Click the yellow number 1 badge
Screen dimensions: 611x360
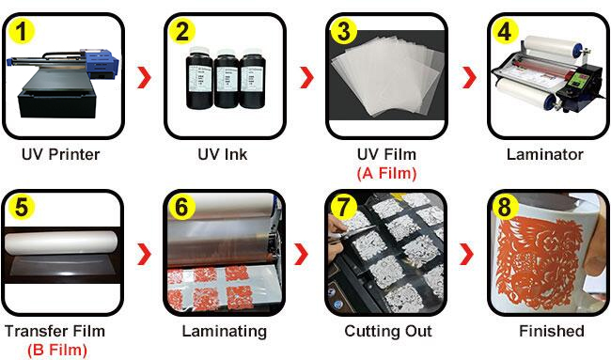click(x=22, y=32)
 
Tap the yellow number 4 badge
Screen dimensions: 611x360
click(x=505, y=32)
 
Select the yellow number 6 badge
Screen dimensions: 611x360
click(x=181, y=208)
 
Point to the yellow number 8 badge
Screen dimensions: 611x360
click(x=505, y=208)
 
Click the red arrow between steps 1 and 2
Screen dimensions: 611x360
click(x=144, y=77)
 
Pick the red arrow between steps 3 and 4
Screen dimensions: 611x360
click(x=469, y=77)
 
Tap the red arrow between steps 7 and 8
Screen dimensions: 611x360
click(x=466, y=254)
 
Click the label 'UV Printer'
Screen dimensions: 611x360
click(x=61, y=155)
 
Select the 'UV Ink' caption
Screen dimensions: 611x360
click(x=223, y=155)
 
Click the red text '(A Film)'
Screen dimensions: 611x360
click(x=387, y=173)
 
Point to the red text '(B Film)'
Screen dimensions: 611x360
click(x=57, y=350)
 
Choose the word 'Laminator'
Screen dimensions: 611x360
click(x=545, y=155)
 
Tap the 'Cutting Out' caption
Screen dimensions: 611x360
click(x=388, y=331)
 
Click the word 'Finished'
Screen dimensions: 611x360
click(x=552, y=331)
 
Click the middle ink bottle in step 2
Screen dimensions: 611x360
click(x=227, y=79)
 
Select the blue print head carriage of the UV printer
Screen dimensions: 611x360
click(x=102, y=63)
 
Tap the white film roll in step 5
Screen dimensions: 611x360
click(x=61, y=243)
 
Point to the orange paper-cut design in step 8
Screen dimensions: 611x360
click(x=540, y=263)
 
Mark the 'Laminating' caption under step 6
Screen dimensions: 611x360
click(x=225, y=332)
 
